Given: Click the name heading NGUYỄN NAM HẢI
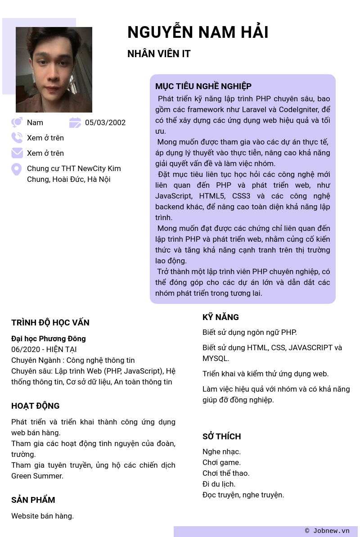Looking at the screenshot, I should [x=198, y=32].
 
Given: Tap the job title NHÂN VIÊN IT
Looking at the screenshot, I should [x=159, y=54].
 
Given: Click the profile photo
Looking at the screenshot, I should [x=54, y=70].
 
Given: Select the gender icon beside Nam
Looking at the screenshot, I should [x=17, y=122].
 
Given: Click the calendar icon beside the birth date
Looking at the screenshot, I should [x=75, y=122].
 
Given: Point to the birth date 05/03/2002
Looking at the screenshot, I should [x=105, y=122].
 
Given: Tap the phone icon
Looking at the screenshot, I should [x=17, y=138].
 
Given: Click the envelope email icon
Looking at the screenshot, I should [x=17, y=153].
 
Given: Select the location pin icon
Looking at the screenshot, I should [x=17, y=169].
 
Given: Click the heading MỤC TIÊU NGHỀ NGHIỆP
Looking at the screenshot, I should [x=203, y=86].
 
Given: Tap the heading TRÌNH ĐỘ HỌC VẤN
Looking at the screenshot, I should [x=50, y=323].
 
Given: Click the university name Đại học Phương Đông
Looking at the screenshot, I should [x=49, y=338].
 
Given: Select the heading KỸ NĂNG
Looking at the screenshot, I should [x=220, y=317].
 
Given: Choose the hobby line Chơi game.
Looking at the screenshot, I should [x=221, y=462].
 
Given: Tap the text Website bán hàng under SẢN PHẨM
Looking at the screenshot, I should [x=42, y=516].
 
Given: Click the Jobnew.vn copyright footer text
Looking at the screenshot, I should [x=327, y=531].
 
